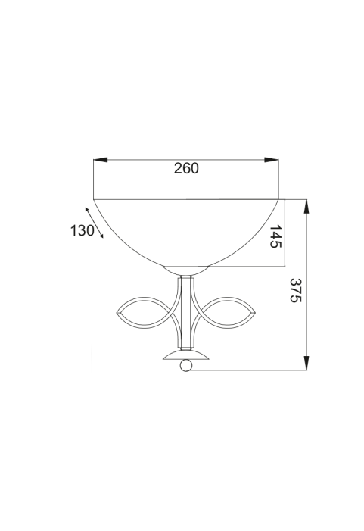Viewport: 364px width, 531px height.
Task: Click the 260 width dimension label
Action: pos(186,168)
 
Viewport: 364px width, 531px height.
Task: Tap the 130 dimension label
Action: pos(82,230)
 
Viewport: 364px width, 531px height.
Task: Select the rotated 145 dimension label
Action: pos(275,236)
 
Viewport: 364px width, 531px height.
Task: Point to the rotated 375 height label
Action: pos(295,290)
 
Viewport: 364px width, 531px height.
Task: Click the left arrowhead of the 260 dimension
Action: pos(100,160)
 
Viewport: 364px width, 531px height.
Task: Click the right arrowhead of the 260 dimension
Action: pos(272,160)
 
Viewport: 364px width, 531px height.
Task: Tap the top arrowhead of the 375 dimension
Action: pos(306,206)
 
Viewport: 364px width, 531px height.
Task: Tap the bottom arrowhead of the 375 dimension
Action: pos(306,363)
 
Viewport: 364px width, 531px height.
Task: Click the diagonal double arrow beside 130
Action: pos(94,223)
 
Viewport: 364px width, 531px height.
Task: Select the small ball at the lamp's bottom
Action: pos(186,365)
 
